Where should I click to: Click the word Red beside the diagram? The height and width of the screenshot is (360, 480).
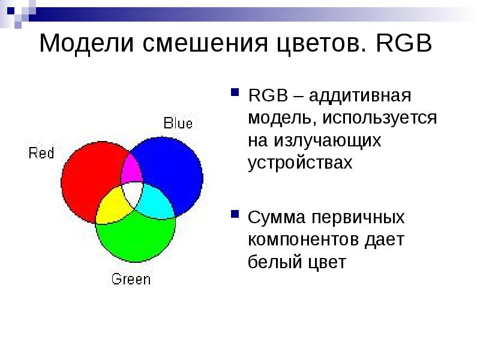41,153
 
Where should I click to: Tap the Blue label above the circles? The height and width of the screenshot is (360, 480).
178,124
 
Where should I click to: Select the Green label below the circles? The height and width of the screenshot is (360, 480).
131,279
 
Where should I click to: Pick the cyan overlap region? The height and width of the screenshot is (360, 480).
155,201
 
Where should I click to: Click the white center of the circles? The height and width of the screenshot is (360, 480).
132,194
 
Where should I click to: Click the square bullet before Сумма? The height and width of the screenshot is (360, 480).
234,214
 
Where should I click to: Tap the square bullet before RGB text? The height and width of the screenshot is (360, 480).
234,94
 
